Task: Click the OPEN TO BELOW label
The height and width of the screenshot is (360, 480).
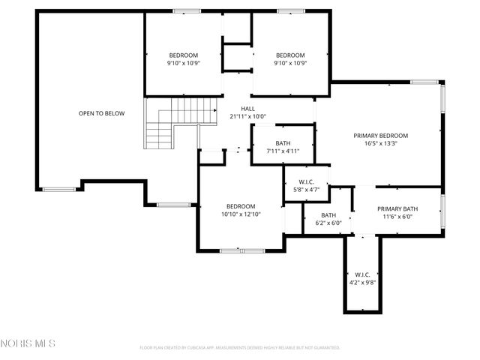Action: pos(101,113)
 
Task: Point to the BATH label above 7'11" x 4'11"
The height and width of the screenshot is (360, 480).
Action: pos(283,143)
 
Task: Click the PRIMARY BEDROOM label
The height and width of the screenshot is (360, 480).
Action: pos(380,136)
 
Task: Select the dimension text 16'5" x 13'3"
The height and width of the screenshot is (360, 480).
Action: pos(380,143)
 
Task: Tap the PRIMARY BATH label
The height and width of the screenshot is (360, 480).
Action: pos(397,209)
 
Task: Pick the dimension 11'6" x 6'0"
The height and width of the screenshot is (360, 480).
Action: pos(397,217)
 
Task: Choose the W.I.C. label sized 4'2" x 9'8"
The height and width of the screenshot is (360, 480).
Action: pos(362,274)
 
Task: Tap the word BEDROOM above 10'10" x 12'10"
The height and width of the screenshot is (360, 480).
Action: pos(241,206)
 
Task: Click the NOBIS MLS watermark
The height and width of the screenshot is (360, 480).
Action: pos(28,343)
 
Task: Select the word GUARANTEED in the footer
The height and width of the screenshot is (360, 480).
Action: pos(325,348)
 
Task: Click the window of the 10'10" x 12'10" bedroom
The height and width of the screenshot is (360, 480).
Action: pos(241,250)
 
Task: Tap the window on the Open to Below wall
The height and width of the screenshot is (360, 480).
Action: pos(58,189)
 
